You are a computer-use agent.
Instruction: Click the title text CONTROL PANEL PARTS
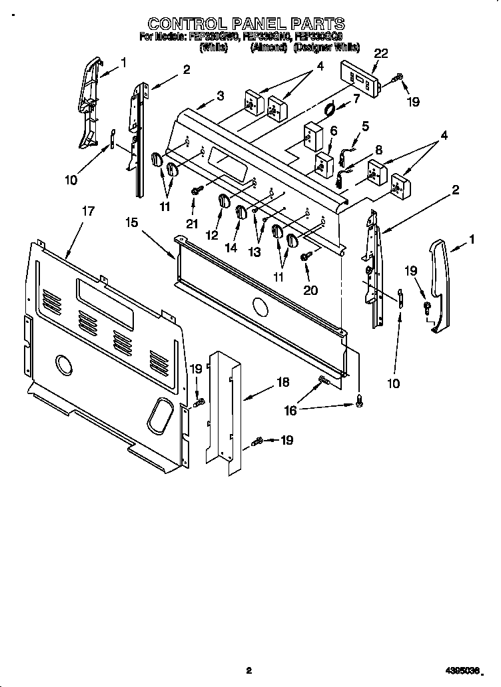point(246,25)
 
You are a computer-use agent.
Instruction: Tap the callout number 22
point(380,54)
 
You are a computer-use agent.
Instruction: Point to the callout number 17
point(88,211)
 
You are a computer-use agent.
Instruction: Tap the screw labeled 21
point(194,191)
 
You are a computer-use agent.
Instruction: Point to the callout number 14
point(231,248)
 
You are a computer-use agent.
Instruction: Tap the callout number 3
point(220,95)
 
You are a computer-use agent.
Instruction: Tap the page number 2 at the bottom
point(248,671)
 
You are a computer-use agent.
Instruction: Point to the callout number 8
point(378,149)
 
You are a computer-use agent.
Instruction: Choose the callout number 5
point(365,126)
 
